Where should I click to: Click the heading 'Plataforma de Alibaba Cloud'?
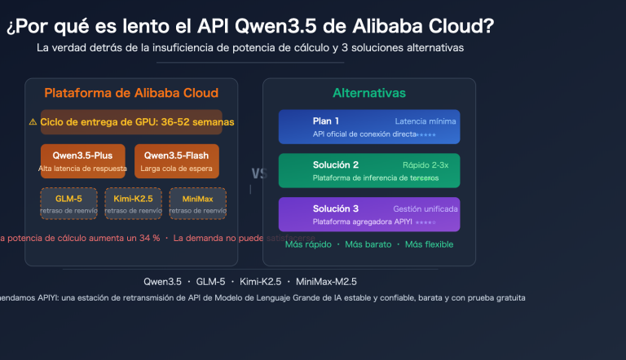(131, 93)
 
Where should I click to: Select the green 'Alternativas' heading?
(368, 93)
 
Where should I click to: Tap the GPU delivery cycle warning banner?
(131, 121)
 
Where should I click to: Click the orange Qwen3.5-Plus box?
(82, 161)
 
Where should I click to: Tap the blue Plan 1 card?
(368, 127)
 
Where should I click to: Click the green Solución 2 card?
(368, 170)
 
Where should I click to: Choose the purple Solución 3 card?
(368, 214)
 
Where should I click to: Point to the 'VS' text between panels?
(259, 173)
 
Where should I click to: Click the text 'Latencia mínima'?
(425, 121)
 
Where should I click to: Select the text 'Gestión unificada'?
(425, 209)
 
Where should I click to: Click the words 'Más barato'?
(368, 244)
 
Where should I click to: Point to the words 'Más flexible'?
(429, 244)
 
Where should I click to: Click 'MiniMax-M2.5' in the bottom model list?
(327, 281)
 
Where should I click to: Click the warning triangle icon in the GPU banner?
(33, 122)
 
